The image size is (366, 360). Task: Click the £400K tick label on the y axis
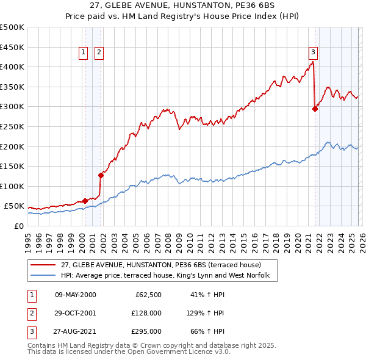coord(12,67)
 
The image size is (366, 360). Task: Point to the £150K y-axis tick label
coord(12,166)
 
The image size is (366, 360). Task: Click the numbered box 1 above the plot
coord(84,53)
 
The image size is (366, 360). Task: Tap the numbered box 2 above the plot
coord(98,53)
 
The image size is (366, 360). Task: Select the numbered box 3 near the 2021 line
coord(313,53)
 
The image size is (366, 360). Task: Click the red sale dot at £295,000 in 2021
coord(315,109)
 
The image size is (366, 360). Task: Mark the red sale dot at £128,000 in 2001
coord(101,175)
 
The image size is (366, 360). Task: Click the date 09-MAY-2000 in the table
coord(75,295)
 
